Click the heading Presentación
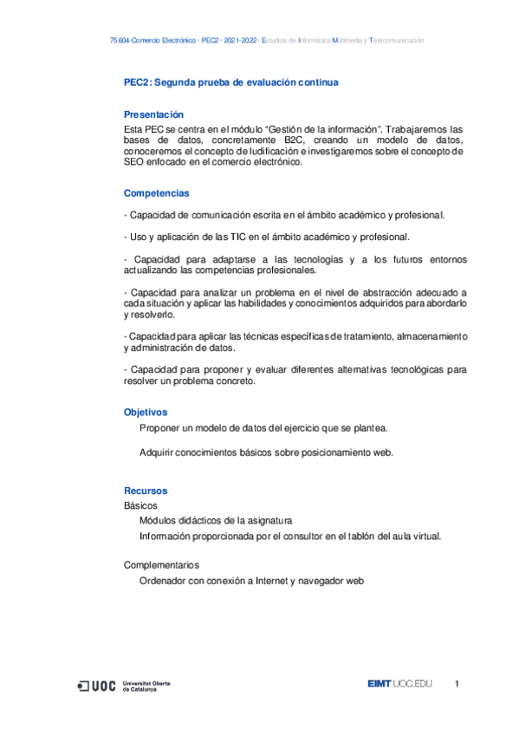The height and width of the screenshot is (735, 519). [x=153, y=114]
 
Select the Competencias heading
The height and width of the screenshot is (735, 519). [x=156, y=192]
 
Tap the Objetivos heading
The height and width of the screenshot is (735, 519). [x=146, y=413]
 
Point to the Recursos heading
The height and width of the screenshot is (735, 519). [x=146, y=491]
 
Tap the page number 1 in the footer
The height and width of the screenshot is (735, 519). [x=457, y=686]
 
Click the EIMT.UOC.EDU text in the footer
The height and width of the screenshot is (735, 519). [x=399, y=686]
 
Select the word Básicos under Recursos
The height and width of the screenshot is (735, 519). [x=141, y=505]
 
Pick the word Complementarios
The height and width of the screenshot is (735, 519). [x=161, y=566]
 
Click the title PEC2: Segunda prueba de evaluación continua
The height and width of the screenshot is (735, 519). [x=230, y=83]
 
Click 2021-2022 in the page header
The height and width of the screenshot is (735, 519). [x=239, y=41]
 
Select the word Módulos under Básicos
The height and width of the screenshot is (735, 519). [x=159, y=521]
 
